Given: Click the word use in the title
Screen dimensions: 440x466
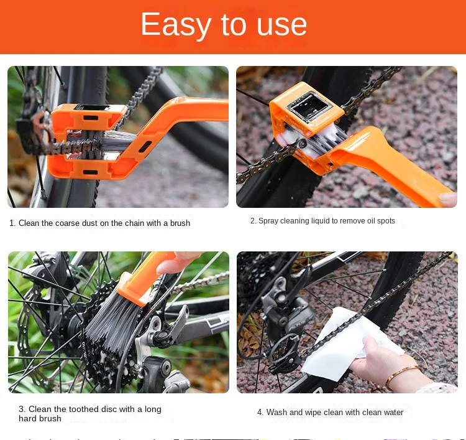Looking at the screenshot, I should tap(282, 24).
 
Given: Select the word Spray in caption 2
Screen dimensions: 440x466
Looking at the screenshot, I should tap(268, 221).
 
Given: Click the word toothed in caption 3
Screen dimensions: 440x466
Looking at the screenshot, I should tap(88, 409).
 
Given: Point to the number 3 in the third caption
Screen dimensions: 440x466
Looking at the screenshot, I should tap(21, 409).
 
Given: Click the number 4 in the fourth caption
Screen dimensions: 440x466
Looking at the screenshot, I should tap(260, 412).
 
